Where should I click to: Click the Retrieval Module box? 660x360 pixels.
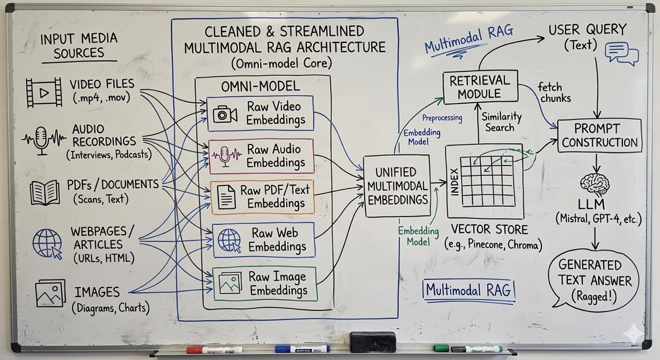click(x=480, y=87)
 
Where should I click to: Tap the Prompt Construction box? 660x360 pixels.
click(x=600, y=135)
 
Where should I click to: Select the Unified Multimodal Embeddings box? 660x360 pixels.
click(x=397, y=186)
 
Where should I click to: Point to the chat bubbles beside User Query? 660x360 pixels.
click(x=622, y=54)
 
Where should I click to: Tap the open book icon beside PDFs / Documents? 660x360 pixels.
click(x=45, y=193)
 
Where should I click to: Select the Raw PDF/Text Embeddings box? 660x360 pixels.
click(x=262, y=197)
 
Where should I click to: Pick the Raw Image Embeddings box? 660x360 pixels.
click(x=265, y=283)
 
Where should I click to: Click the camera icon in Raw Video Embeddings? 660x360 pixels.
click(x=225, y=114)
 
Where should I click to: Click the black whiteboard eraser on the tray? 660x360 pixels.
click(x=372, y=342)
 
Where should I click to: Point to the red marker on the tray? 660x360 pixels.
click(x=214, y=350)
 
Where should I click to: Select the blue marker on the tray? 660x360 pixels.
click(x=302, y=349)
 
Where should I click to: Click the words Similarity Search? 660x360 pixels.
click(x=501, y=122)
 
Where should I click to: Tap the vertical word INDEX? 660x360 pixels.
click(x=454, y=181)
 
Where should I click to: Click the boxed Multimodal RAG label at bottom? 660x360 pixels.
click(x=468, y=290)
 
